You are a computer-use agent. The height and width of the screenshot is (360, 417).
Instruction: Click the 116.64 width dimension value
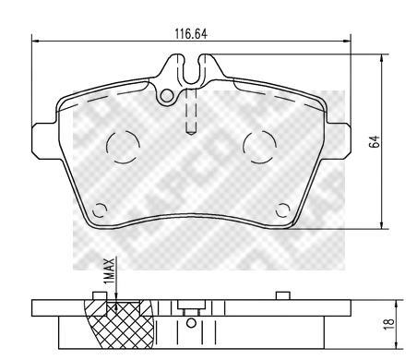tap(191, 34)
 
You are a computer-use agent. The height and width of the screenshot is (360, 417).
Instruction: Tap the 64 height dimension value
tap(375, 141)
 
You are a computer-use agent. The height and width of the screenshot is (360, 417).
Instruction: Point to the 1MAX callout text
tap(109, 270)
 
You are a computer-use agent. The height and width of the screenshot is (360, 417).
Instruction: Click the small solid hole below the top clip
tap(167, 95)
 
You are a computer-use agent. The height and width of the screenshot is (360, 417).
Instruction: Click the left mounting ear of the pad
tap(45, 141)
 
